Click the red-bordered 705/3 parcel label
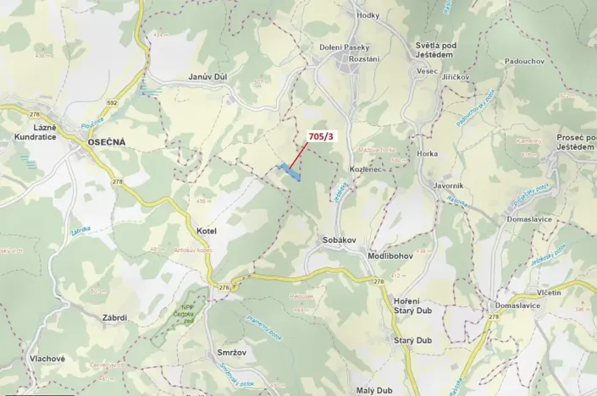(321, 135)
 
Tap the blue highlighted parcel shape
(289, 172)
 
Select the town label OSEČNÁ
(106, 142)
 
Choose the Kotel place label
(207, 231)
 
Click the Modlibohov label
(390, 256)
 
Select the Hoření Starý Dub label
(412, 306)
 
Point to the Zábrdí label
(113, 317)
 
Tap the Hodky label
(368, 15)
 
